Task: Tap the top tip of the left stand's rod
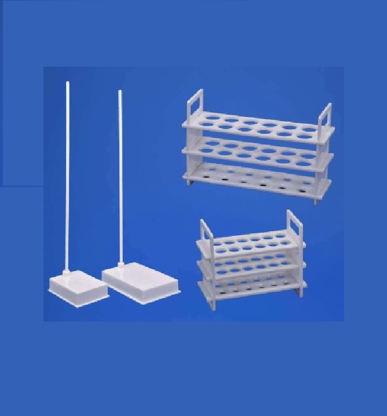click(67, 84)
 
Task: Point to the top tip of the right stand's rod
click(119, 91)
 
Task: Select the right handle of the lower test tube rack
click(294, 225)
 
